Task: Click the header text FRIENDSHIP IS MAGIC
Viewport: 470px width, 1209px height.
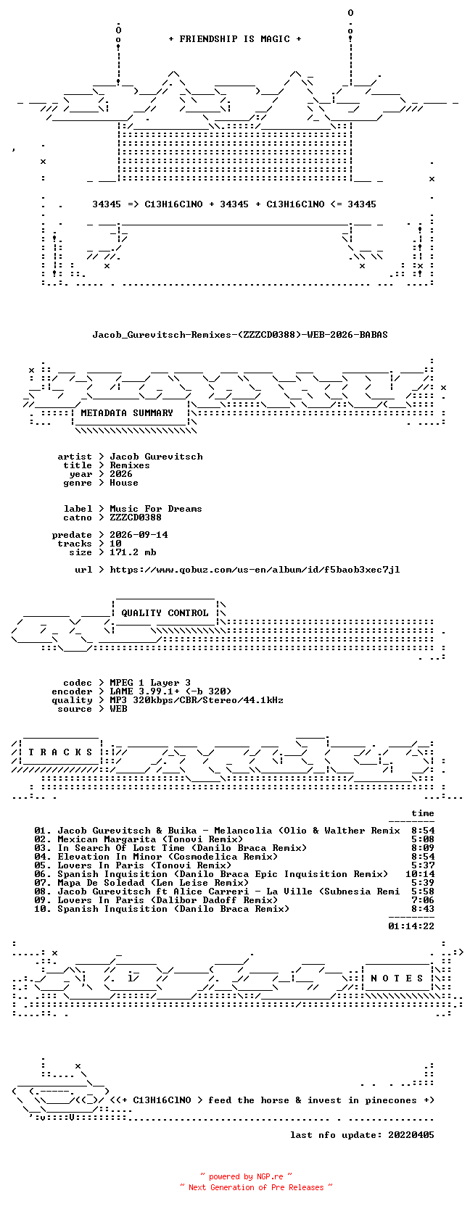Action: [235, 39]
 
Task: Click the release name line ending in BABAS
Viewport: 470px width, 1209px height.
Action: [240, 335]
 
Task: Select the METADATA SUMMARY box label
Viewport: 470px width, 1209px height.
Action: [127, 413]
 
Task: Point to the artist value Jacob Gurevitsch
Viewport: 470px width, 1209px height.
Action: [156, 457]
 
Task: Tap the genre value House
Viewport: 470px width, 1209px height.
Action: [124, 483]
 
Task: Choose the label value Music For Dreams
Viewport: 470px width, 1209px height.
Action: [156, 508]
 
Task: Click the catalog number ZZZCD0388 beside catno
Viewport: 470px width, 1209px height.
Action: [136, 517]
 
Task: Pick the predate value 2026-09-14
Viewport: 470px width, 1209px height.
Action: [139, 534]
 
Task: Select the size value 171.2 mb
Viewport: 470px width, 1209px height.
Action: [133, 552]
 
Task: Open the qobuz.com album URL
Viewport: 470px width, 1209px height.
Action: [255, 570]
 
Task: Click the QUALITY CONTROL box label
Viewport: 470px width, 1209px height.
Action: [165, 613]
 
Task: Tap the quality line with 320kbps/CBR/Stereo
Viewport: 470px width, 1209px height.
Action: [197, 700]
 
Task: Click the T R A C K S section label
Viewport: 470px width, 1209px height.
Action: [60, 752]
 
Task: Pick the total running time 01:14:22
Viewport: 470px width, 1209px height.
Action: [411, 926]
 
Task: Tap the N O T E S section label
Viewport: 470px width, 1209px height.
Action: [397, 979]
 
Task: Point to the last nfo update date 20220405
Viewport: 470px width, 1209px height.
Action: [411, 1135]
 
